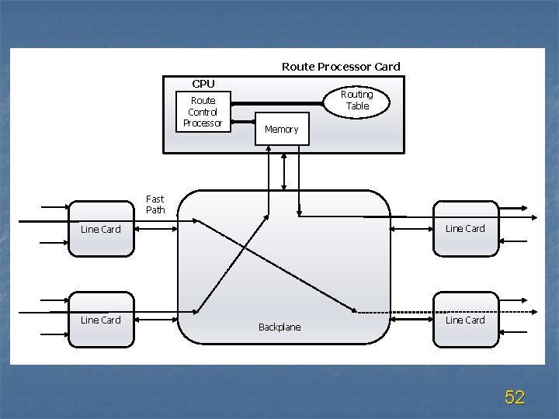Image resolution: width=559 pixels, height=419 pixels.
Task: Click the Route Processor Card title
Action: point(341,67)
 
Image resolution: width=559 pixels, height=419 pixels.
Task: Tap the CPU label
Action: point(203,84)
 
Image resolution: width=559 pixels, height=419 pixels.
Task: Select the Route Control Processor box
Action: point(203,112)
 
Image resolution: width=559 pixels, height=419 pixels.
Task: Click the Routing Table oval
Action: point(357,100)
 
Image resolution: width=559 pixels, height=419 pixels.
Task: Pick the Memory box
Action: point(281,129)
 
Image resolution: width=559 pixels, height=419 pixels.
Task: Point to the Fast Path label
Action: point(155,204)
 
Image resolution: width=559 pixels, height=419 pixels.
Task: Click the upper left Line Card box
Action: point(101,229)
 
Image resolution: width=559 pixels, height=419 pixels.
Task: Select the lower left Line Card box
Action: point(101,320)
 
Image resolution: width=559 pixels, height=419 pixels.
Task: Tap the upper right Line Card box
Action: point(465,228)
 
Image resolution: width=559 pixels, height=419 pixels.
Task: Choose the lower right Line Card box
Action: point(465,320)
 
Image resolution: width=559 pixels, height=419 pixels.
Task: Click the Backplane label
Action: point(279,327)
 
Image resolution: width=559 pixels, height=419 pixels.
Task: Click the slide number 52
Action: point(515,397)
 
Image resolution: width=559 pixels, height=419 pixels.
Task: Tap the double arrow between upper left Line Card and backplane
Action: point(155,229)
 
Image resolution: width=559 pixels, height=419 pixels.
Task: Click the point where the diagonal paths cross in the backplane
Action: point(244,248)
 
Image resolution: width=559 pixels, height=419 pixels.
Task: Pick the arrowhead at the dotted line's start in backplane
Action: point(355,311)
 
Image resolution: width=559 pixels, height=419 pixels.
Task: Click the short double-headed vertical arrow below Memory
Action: point(284,171)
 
